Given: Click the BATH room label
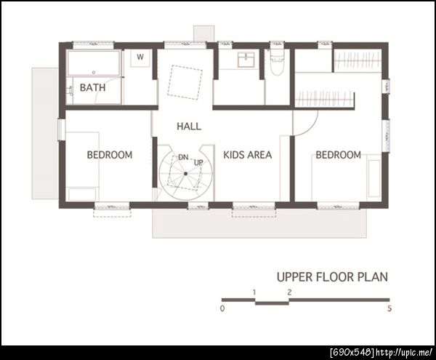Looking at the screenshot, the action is pos(92,87).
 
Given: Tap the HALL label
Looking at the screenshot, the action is pos(189,127).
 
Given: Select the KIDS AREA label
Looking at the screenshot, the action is pos(248,155).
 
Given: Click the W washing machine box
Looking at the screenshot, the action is pos(140,58).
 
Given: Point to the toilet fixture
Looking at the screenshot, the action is pos(277,61).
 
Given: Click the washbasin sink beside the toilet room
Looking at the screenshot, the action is pos(246,60).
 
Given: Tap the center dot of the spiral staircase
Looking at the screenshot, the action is pos(185,174).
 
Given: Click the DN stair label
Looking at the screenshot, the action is pos(183,158).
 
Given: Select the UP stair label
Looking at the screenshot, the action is pos(198,162).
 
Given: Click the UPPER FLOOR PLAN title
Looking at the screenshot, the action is pos(332,277).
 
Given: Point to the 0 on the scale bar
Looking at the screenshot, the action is pos(222,308).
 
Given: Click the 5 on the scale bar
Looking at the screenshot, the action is pos(389,308).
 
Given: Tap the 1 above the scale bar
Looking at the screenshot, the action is pos(254,292).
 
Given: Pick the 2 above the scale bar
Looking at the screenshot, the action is pos(289,292).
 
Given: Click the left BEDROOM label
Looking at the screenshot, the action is pos(110,155).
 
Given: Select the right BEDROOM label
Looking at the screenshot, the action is pos(338,155).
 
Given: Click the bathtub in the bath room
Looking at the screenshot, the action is pos(94,63).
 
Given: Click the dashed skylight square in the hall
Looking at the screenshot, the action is pos(185,82).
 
